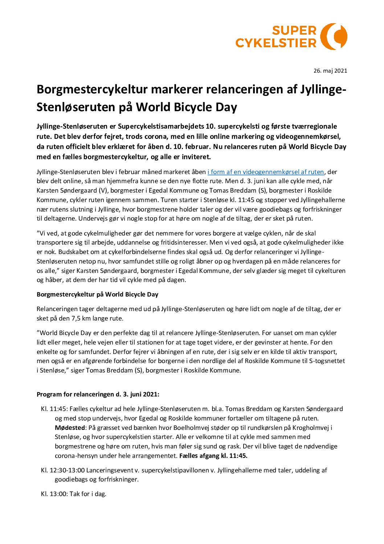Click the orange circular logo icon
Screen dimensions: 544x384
click(x=334, y=36)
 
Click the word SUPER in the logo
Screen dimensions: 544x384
click(x=294, y=31)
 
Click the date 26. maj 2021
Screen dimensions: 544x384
click(x=330, y=70)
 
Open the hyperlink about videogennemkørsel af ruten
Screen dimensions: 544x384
click(x=265, y=172)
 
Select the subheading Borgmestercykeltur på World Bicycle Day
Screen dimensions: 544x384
click(x=97, y=294)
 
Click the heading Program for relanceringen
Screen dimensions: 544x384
click(x=98, y=394)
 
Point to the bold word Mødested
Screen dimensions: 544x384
click(x=70, y=428)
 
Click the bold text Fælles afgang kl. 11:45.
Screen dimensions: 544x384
click(x=213, y=456)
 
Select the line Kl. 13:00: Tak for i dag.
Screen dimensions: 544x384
click(x=74, y=494)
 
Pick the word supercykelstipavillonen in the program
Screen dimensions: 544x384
click(x=175, y=470)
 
